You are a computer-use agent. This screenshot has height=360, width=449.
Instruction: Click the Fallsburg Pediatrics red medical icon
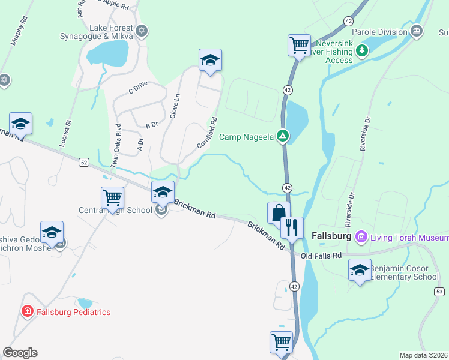27,311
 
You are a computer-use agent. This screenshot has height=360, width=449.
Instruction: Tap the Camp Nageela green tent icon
283,136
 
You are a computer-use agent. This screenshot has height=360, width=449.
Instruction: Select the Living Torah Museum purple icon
361,237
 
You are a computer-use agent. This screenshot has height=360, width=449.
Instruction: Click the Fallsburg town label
331,237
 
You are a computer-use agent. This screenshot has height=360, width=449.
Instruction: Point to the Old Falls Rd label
321,256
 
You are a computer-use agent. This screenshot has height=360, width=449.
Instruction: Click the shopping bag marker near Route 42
278,213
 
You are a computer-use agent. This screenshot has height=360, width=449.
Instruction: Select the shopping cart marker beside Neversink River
299,45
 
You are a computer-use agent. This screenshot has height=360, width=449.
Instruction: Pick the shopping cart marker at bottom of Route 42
281,342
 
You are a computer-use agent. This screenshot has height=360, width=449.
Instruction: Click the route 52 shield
83,162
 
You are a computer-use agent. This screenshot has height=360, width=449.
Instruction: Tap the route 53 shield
439,291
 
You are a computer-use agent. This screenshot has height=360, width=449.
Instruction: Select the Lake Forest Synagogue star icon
142,31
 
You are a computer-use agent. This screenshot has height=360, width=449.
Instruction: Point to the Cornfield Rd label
207,133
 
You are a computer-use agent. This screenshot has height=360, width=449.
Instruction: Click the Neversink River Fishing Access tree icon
361,50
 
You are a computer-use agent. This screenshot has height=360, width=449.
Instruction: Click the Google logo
20,353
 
